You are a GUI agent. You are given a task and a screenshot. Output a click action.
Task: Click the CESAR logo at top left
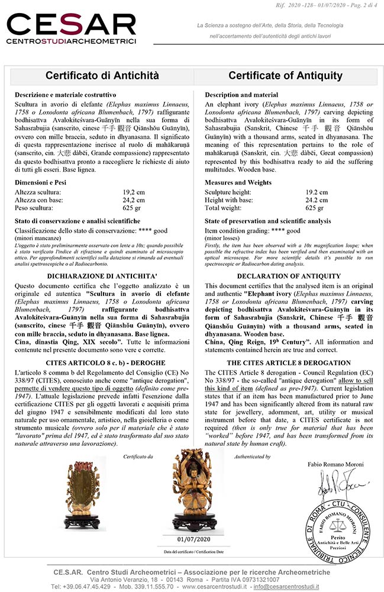click(x=71, y=28)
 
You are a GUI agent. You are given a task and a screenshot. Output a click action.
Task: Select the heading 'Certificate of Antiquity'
click(x=285, y=76)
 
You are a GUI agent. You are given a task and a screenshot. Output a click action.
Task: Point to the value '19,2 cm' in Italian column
click(x=133, y=192)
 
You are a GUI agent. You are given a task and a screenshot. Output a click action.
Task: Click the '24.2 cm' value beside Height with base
click(x=317, y=200)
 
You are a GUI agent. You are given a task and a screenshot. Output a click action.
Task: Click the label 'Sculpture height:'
click(x=227, y=192)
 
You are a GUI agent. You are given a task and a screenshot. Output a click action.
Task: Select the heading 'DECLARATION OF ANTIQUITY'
click(x=289, y=276)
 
